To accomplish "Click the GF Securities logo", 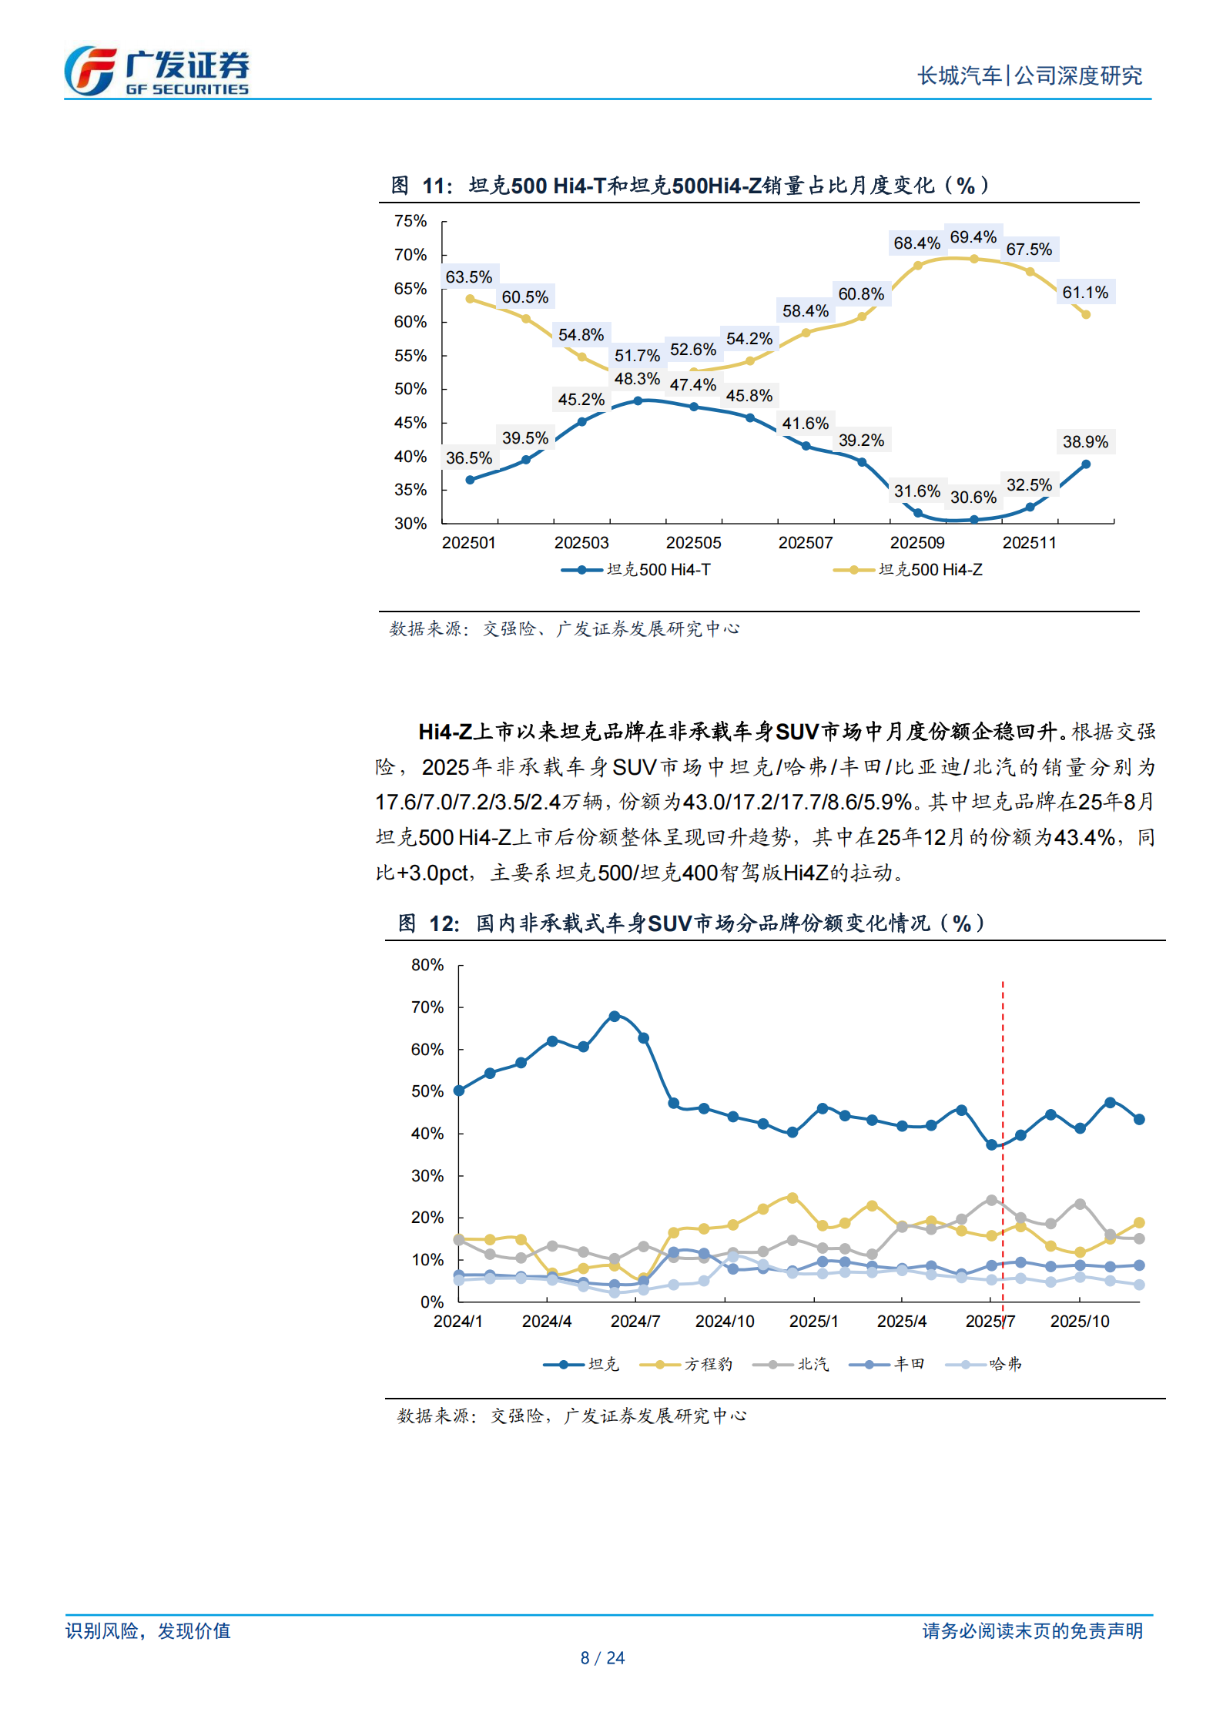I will coord(156,71).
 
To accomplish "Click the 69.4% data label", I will coord(973,237).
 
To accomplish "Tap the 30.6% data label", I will coord(973,498).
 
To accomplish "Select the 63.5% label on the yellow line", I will coord(468,277).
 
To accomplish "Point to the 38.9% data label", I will coord(1084,442).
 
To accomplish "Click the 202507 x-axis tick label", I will coord(805,543).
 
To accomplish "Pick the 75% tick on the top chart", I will coord(410,221).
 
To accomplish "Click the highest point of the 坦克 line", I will coord(614,1017).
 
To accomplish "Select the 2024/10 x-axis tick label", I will coord(724,1322).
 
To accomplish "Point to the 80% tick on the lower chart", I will coord(427,965).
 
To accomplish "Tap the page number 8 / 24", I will coord(602,1658).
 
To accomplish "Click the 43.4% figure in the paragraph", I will coord(1084,837).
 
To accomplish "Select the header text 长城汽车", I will coord(959,75).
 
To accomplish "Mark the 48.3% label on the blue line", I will coord(636,379).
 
